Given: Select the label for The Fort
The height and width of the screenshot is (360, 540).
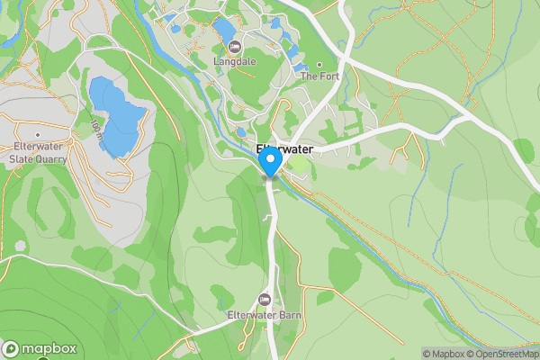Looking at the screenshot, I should (x=318, y=76).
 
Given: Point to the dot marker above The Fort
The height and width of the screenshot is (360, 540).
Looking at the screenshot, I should (x=319, y=65).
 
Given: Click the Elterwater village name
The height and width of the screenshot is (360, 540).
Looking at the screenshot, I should (x=283, y=149).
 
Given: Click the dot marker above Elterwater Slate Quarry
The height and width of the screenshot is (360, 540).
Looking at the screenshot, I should (x=38, y=131).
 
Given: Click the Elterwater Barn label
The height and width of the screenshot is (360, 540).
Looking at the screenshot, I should (x=264, y=314).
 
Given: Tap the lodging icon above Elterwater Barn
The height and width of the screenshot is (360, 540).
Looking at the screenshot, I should (x=264, y=299).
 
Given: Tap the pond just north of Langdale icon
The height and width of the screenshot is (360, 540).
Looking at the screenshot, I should (x=225, y=30).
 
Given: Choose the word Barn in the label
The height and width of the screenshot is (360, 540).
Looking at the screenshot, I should (x=287, y=314).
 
